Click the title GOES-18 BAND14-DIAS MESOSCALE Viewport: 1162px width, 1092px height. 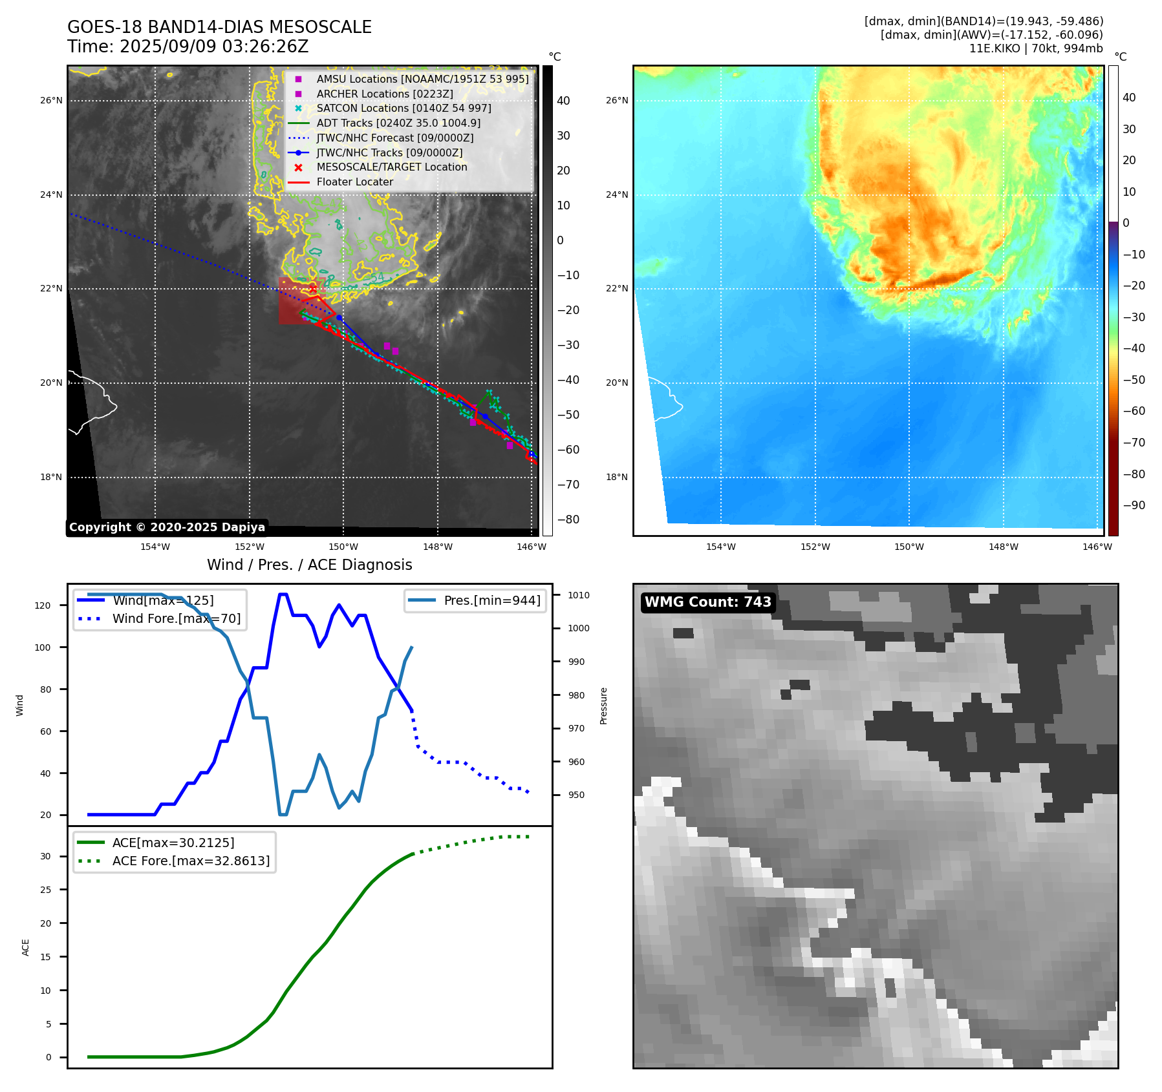click(x=219, y=27)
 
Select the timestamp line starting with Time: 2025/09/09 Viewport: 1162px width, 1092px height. click(x=188, y=47)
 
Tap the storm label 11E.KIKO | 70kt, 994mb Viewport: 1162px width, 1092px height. click(x=1035, y=48)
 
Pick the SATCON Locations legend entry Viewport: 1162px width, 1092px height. click(x=403, y=108)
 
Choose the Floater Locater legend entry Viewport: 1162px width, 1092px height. click(x=354, y=182)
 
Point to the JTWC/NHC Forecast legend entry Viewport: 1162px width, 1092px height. click(x=394, y=138)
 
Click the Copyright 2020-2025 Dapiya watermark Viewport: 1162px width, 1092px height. click(x=167, y=527)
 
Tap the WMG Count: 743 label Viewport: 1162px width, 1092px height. click(x=707, y=602)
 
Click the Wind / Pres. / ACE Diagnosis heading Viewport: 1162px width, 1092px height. click(x=309, y=565)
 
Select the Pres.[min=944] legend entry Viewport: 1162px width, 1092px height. click(x=491, y=600)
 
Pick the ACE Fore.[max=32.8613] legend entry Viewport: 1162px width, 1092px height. click(x=190, y=861)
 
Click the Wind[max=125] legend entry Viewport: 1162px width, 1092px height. click(x=162, y=600)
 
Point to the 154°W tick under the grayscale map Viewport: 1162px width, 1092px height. click(x=155, y=547)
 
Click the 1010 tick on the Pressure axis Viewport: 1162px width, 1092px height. click(x=579, y=595)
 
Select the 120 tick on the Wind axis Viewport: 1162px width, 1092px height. click(x=43, y=605)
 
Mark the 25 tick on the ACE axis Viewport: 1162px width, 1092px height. click(x=45, y=890)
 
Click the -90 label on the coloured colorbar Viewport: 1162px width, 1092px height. click(x=1134, y=505)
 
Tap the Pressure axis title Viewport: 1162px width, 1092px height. click(x=603, y=706)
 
